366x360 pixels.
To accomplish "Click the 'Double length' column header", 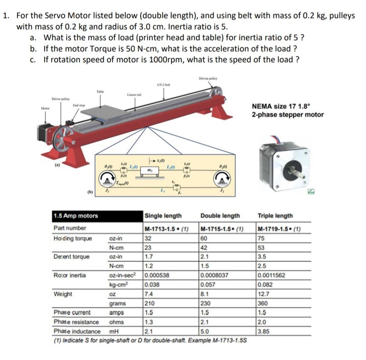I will [x=220, y=216].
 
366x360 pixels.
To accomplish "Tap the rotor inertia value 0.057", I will [x=208, y=285].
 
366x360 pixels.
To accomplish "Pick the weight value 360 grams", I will [x=263, y=303].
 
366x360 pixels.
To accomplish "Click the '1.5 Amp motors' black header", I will [x=76, y=216].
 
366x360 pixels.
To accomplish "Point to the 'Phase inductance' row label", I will [x=77, y=331].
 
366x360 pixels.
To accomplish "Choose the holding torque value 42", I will [x=205, y=247].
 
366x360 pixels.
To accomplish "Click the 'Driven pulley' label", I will [x=208, y=79].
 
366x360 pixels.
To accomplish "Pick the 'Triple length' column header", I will [x=275, y=216].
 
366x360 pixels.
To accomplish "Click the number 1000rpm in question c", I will [x=167, y=60].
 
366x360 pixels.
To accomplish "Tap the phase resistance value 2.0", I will [x=262, y=322].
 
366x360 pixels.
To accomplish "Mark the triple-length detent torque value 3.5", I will [x=262, y=257].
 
